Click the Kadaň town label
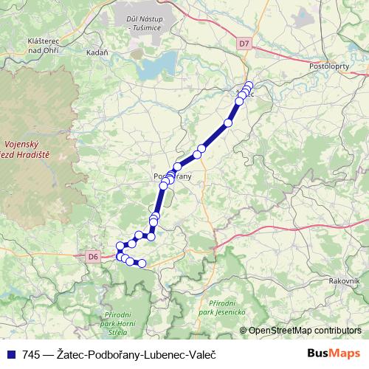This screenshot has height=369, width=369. click(97, 53)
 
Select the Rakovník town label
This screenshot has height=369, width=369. click(345, 281)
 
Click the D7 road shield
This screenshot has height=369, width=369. click(244, 44)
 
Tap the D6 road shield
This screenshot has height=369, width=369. click(92, 256)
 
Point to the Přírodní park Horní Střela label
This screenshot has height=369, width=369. click(117, 323)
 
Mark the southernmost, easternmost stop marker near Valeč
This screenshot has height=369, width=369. click(142, 263)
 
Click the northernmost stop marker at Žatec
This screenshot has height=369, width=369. click(249, 85)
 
